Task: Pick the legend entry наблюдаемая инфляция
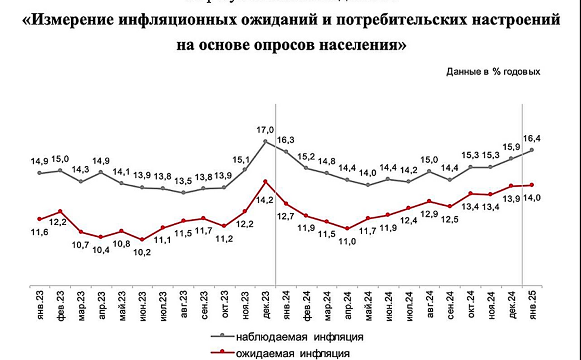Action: (300, 337)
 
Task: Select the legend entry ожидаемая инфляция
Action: (292, 352)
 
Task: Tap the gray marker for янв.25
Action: (532, 150)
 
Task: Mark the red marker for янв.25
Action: (532, 185)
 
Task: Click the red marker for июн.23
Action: (142, 240)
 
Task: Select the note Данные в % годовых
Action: (493, 72)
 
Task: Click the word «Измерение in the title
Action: (71, 22)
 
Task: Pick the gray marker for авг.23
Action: (183, 192)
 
